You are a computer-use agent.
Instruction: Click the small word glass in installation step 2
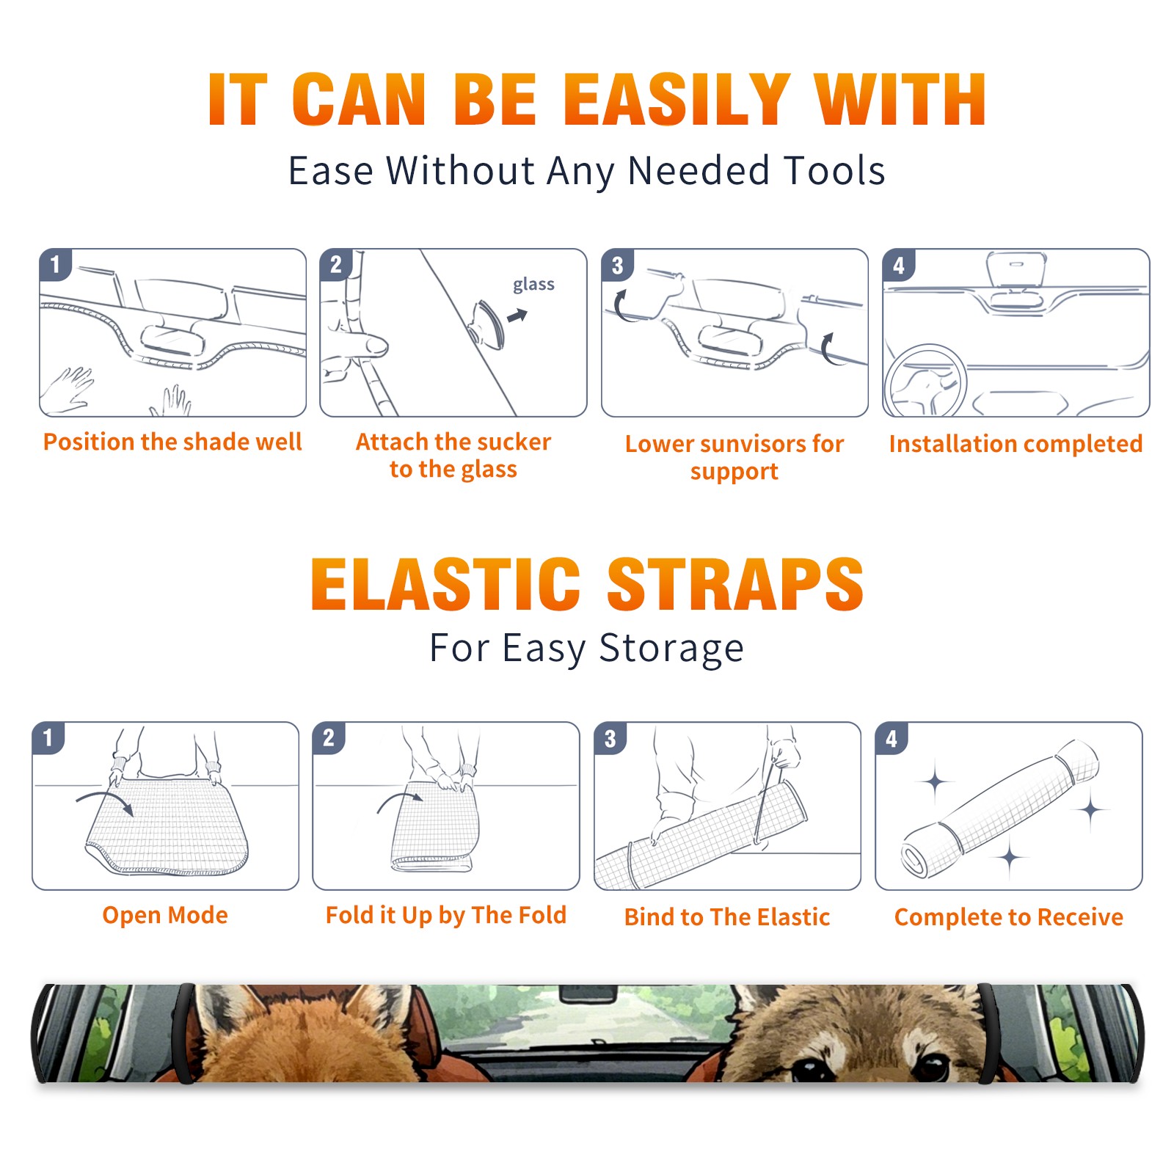[533, 285]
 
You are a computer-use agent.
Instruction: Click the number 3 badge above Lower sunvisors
[617, 266]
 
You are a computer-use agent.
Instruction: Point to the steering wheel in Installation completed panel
[925, 380]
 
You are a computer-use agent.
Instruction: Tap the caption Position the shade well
[172, 442]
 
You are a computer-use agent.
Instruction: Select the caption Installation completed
[1016, 444]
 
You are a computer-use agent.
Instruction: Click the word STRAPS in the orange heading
[735, 584]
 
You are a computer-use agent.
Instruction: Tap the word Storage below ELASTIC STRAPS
[671, 649]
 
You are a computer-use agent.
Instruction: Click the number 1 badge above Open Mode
[48, 738]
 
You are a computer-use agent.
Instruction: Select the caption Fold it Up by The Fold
[446, 915]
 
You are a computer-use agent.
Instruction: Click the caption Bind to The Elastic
[727, 917]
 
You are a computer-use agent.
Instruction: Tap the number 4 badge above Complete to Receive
[892, 738]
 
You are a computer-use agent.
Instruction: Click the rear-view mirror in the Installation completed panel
[1016, 269]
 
